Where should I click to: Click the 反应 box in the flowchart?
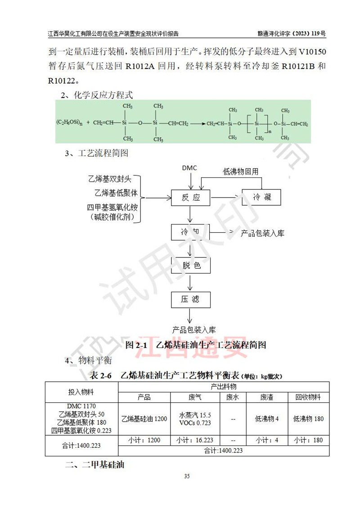tap(190, 198)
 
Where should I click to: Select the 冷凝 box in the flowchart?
tap(262, 198)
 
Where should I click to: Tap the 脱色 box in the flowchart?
tap(191, 266)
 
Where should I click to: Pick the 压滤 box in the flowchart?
tap(190, 299)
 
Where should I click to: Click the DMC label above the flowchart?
tap(189, 168)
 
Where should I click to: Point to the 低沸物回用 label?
tap(241, 171)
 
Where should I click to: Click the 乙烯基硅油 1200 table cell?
tap(144, 419)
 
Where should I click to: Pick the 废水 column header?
tap(233, 397)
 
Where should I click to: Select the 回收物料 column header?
tap(308, 397)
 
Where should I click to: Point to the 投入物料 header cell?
tap(81, 392)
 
